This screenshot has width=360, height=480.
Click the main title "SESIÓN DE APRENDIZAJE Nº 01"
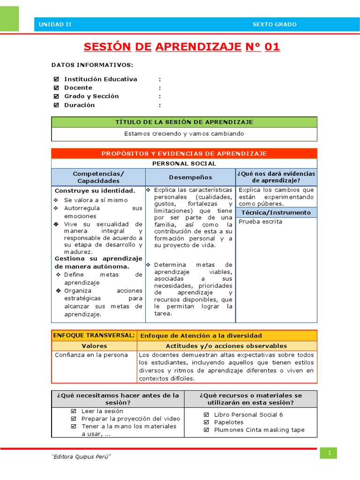(x=182, y=47)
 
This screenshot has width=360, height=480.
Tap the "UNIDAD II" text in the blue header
(x=55, y=24)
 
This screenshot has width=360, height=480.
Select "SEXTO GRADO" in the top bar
(x=274, y=24)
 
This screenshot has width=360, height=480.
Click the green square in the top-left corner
(x=9, y=19)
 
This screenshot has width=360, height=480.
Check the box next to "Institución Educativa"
(x=56, y=79)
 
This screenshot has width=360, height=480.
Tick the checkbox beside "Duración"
(x=56, y=105)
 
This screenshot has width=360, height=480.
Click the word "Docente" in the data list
(x=78, y=88)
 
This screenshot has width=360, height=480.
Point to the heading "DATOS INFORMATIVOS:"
(x=92, y=65)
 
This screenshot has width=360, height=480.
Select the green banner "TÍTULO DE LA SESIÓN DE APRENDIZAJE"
(x=184, y=122)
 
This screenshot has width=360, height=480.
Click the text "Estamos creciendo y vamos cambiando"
(x=184, y=134)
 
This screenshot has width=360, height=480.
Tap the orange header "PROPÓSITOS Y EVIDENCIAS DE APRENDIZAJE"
(x=184, y=153)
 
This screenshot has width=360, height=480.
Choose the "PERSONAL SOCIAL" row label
(x=184, y=164)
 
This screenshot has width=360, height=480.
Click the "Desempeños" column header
(x=190, y=177)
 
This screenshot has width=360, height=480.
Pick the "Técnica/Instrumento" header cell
(x=276, y=212)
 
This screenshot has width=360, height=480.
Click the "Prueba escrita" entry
(x=261, y=221)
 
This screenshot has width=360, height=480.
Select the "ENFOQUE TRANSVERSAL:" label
(x=94, y=335)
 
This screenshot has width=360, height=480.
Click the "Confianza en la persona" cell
(x=91, y=355)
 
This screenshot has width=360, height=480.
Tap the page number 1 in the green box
(x=329, y=453)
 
